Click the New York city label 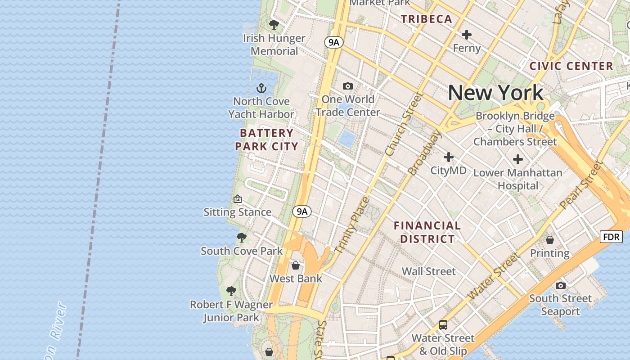point(495,93)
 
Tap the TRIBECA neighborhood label point(426,19)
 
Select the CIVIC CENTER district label point(571,66)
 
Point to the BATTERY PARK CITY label point(266,139)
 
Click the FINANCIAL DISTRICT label point(427,232)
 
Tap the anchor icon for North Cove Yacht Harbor point(261,88)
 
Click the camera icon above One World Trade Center point(347,86)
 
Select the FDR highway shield point(611,237)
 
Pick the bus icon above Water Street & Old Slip point(443,324)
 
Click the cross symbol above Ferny point(467,34)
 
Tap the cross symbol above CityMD point(448,157)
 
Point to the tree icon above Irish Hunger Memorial point(274,24)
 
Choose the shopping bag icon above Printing point(549,240)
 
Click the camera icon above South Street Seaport point(560,285)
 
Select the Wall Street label point(428,271)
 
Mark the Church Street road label point(404,123)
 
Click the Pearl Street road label point(580,184)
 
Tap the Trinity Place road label point(352,225)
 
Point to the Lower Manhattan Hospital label point(517,179)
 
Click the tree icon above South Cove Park point(242,237)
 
